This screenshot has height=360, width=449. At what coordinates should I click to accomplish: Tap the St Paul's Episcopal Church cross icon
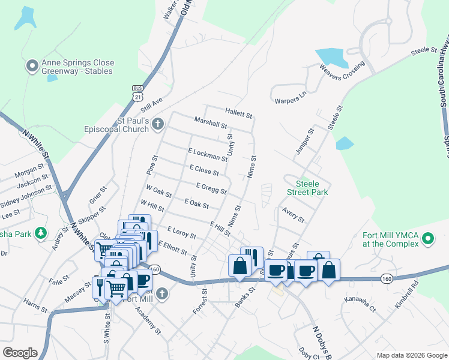tap(158, 125)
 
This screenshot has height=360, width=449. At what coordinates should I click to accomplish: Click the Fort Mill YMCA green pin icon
tap(428, 239)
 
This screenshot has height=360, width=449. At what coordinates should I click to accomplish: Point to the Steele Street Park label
tap(312, 188)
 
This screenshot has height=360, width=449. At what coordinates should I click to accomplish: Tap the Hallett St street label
tap(239, 112)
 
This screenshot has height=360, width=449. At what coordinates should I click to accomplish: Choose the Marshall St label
tap(211, 123)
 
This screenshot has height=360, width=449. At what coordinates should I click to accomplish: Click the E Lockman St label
tap(208, 155)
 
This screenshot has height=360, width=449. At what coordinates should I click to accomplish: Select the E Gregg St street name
tap(211, 189)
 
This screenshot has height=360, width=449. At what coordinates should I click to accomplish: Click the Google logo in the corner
tap(20, 353)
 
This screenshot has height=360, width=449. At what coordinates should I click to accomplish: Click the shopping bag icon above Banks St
tap(240, 265)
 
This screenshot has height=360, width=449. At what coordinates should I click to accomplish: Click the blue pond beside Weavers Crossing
tap(331, 58)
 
